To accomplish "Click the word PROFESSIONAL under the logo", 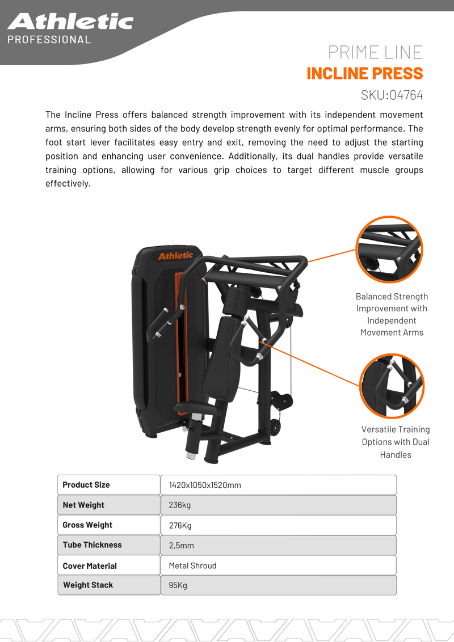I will click(x=49, y=40).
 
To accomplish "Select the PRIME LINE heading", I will click(x=375, y=52).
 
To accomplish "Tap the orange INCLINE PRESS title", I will click(x=364, y=73).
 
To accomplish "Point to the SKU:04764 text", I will click(x=392, y=94).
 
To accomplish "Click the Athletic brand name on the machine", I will click(x=175, y=256).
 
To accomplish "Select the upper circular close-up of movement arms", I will click(x=389, y=250).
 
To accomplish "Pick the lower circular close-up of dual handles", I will click(x=392, y=386).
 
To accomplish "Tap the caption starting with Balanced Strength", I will click(x=392, y=314).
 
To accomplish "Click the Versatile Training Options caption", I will click(x=396, y=442).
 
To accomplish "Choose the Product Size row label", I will click(x=86, y=485).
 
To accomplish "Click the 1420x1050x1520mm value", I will click(x=205, y=485).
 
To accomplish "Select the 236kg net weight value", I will click(x=180, y=505).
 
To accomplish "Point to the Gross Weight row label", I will click(x=87, y=525).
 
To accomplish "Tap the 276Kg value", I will click(x=180, y=526).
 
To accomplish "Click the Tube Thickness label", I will click(x=92, y=545).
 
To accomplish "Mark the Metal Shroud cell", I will click(x=192, y=565).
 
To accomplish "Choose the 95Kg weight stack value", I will click(x=178, y=585).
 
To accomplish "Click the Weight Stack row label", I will click(x=88, y=585).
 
